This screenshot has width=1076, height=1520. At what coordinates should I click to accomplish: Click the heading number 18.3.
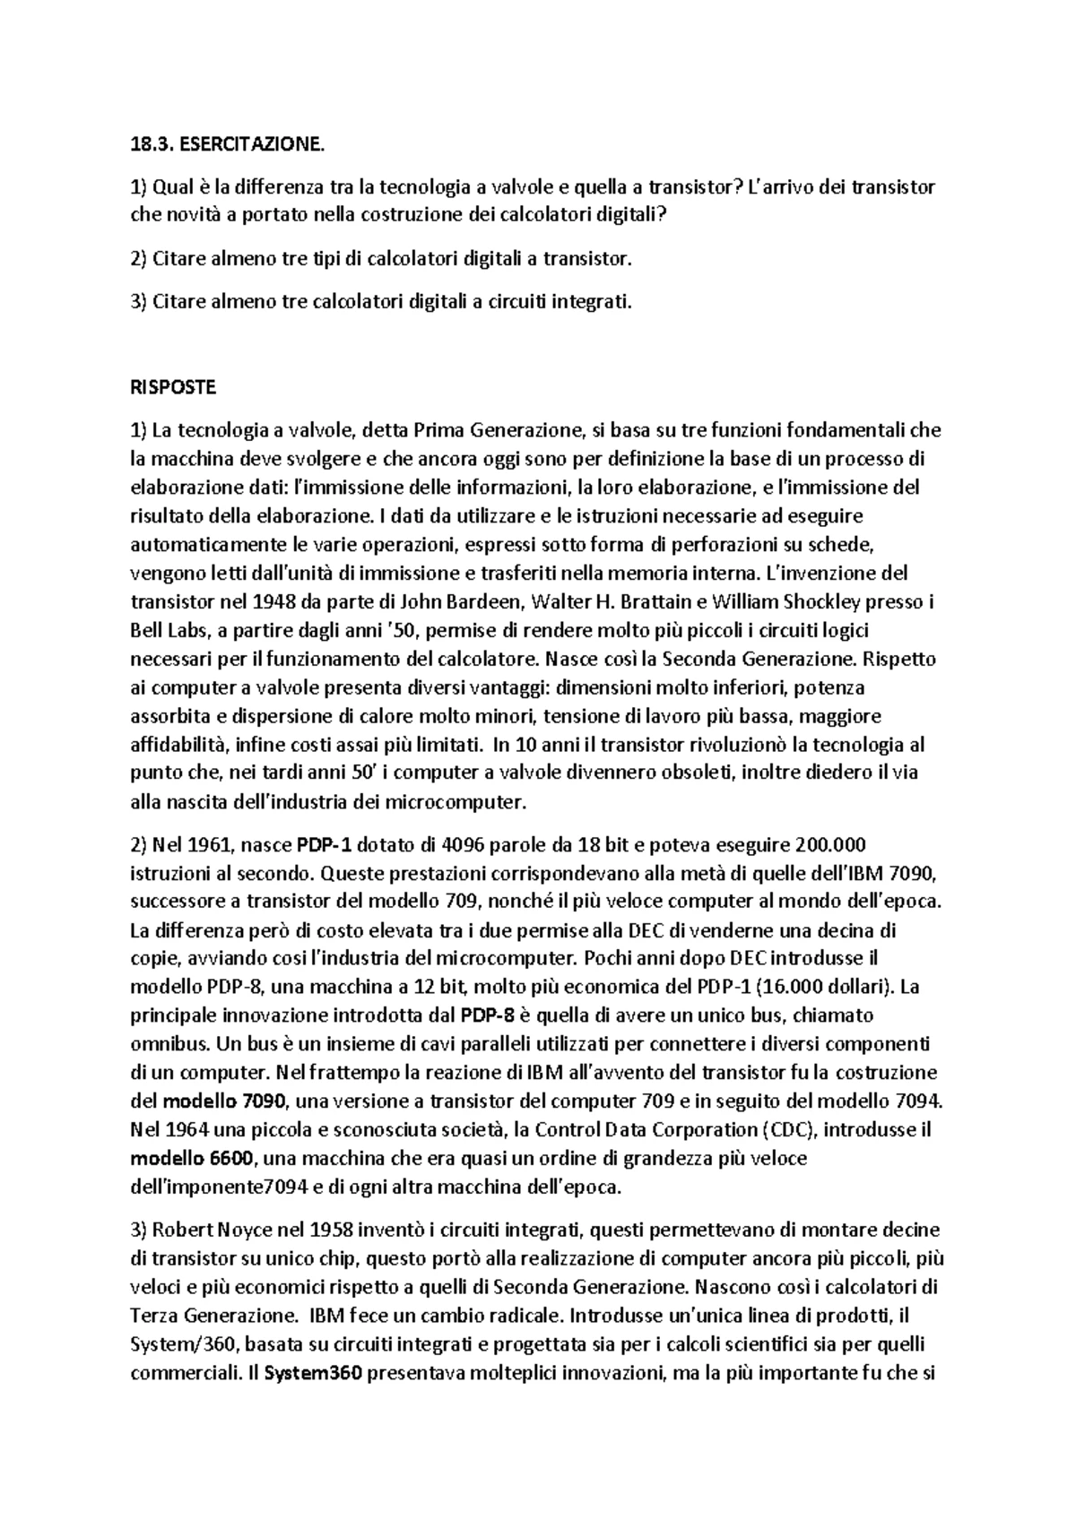tap(149, 143)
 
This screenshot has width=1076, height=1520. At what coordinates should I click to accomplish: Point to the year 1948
tap(265, 601)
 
